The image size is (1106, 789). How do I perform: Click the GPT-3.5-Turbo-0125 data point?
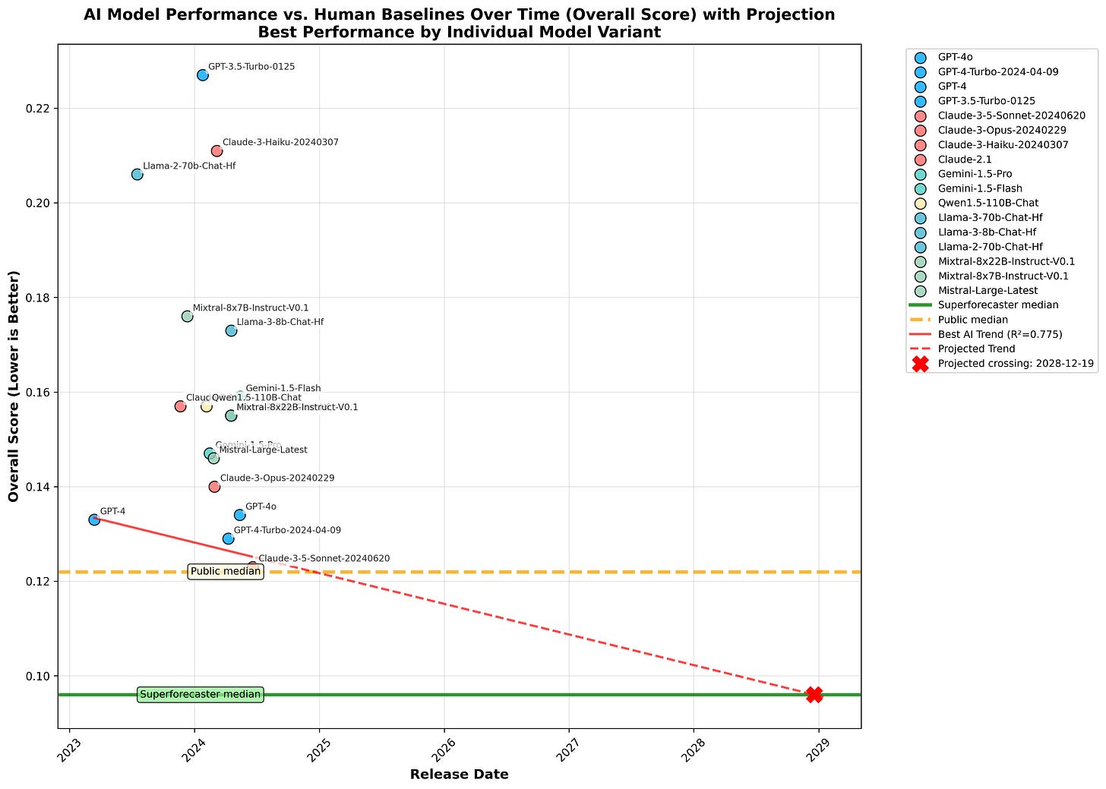coord(203,75)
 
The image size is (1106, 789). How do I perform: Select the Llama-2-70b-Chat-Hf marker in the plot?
coord(137,175)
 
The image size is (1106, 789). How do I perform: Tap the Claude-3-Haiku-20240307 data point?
coord(216,151)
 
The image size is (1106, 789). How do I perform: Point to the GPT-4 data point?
coord(94,519)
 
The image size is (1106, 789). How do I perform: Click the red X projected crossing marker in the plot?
coord(814,694)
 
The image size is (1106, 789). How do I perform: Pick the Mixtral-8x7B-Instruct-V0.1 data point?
coord(188,316)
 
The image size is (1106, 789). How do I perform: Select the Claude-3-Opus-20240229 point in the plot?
coord(214,487)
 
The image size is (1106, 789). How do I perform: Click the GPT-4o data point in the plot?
coord(240,515)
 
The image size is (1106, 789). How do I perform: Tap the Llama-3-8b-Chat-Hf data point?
coord(231,330)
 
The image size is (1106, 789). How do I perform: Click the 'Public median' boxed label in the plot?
coord(226,571)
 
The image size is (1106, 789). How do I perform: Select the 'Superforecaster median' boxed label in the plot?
coord(201,694)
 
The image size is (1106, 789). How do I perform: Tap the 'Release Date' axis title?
coord(459,775)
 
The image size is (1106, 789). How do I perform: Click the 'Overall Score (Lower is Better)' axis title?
coord(14,386)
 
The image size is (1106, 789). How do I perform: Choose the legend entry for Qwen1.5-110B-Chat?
coord(987,203)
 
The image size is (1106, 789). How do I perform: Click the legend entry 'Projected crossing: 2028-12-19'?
coord(1015,363)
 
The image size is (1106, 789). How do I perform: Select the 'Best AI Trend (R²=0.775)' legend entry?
coord(1000,334)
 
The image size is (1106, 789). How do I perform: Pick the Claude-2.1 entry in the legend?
coord(964,159)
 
